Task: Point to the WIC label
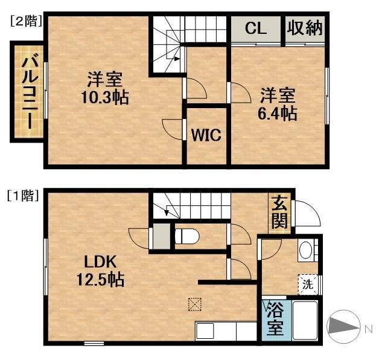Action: (x=206, y=135)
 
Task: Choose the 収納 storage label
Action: (x=305, y=28)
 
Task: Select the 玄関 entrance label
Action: (x=279, y=213)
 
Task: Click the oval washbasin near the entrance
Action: (x=306, y=249)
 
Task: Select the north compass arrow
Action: (x=345, y=327)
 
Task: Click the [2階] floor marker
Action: (x=25, y=21)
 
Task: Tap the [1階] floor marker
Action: (x=24, y=196)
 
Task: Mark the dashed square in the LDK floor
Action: (x=194, y=304)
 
